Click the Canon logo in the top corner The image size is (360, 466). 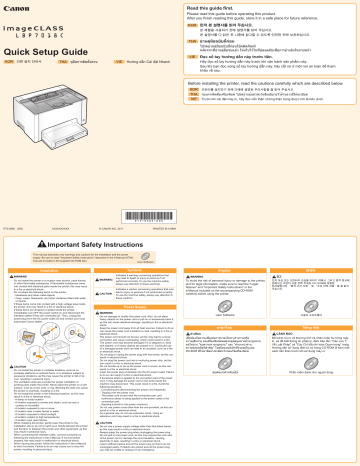(x=19, y=9)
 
